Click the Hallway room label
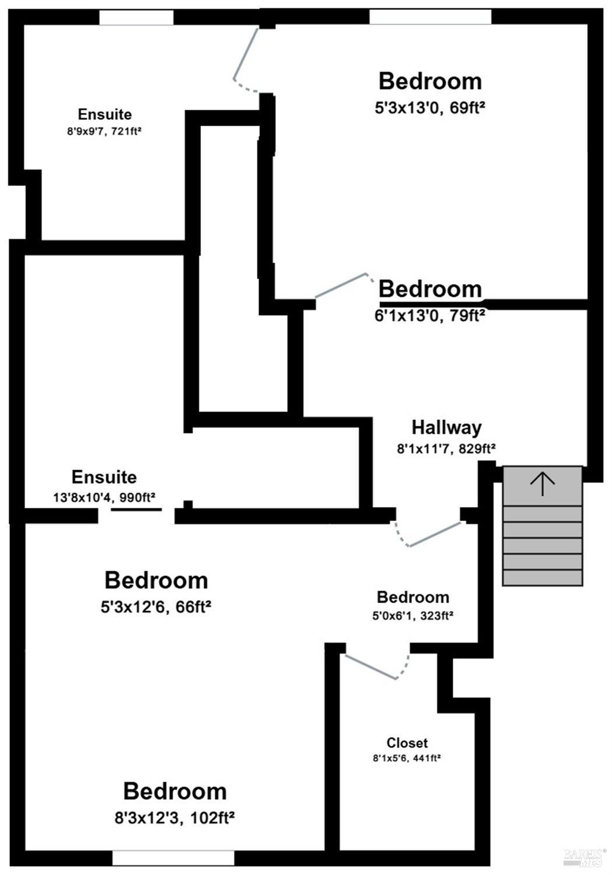[x=447, y=428]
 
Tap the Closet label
[x=407, y=742]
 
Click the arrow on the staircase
[x=542, y=484]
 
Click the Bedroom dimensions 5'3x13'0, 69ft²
[x=430, y=107]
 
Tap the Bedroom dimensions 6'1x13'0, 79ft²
[x=430, y=315]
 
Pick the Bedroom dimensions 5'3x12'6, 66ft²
[x=156, y=607]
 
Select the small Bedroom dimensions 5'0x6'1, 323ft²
[x=412, y=616]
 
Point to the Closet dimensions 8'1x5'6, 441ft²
[x=407, y=758]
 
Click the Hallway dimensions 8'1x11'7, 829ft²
[x=446, y=449]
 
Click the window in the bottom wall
[x=173, y=858]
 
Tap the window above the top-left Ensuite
[x=136, y=18]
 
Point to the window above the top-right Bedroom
[x=430, y=17]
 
